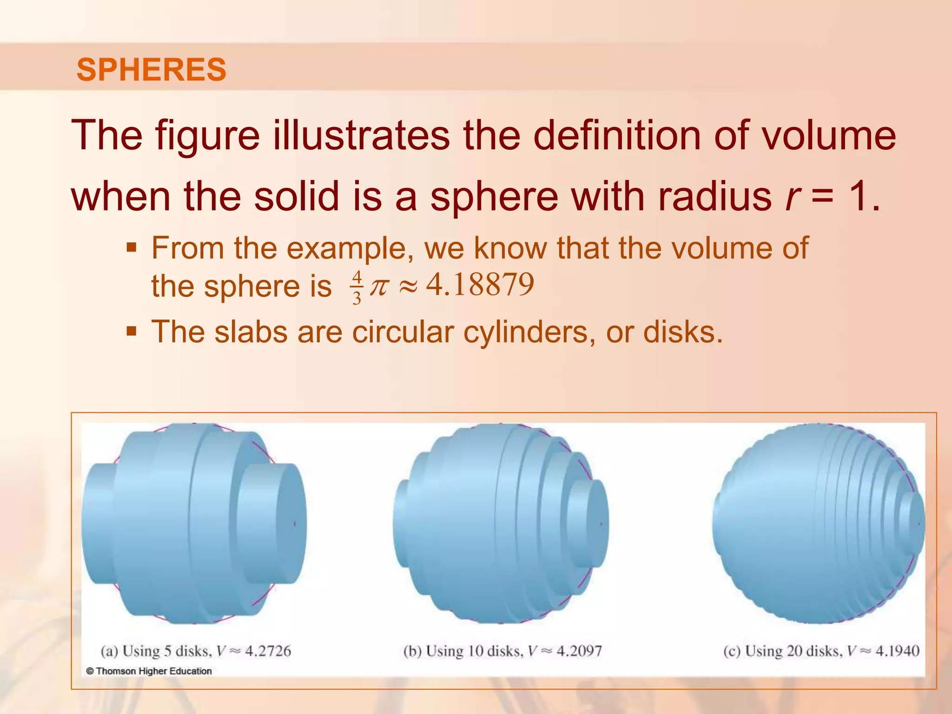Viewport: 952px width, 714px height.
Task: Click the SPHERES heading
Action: pos(151,70)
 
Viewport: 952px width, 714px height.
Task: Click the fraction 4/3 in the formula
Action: pos(357,288)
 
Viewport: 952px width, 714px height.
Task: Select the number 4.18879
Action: pos(480,284)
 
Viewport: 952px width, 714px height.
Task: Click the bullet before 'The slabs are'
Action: pos(132,331)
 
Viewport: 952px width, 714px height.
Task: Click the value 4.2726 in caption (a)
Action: pos(268,651)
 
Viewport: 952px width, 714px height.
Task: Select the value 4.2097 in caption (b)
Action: pos(579,651)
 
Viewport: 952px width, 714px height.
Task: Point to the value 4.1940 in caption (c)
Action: pos(897,651)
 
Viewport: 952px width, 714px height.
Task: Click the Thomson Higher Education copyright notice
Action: pos(149,671)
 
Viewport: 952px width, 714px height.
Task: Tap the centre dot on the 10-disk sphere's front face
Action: pos(601,524)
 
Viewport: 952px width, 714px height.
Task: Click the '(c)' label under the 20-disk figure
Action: pos(732,651)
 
